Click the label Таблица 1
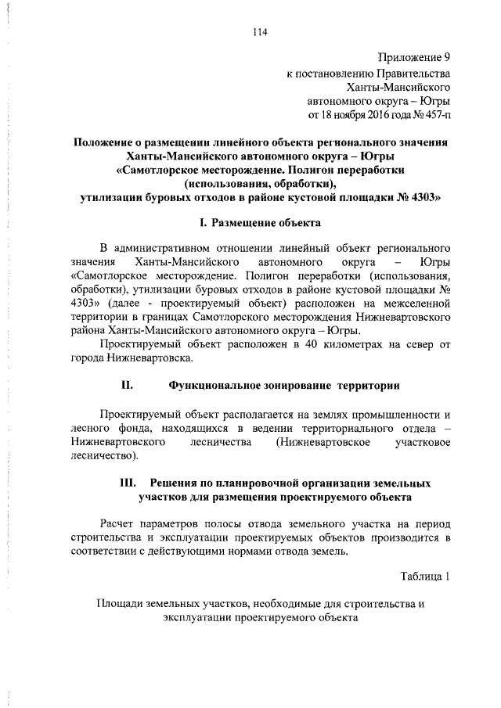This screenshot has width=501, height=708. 425,577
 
